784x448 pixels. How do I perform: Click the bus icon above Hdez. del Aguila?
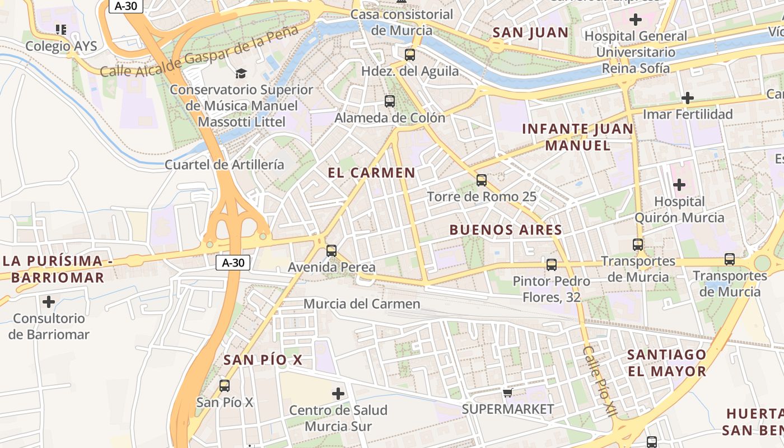(410, 54)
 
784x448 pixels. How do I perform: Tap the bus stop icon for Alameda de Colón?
(390, 101)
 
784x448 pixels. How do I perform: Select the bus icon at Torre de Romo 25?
(482, 180)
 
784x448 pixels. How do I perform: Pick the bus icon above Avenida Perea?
(332, 251)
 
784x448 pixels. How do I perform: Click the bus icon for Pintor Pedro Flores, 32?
(552, 265)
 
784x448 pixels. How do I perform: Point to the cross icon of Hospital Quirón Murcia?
(679, 184)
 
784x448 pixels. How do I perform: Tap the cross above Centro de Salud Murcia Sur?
(338, 394)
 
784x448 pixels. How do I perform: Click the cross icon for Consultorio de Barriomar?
(49, 302)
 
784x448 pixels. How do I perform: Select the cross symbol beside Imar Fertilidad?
(688, 98)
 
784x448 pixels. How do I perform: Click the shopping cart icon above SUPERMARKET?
(508, 393)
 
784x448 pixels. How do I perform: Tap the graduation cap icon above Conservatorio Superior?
(241, 73)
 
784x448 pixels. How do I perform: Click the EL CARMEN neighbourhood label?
(372, 173)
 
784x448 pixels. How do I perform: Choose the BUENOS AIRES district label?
(506, 230)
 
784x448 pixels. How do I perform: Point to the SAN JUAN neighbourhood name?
(530, 32)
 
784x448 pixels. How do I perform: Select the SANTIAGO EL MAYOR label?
(666, 363)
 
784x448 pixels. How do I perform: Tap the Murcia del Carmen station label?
(362, 304)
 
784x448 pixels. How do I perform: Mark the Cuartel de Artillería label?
(225, 165)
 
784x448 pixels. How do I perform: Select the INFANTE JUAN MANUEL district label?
(577, 137)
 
